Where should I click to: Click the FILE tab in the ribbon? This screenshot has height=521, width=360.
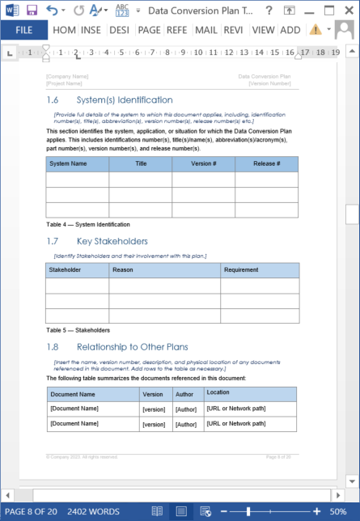coord(23,30)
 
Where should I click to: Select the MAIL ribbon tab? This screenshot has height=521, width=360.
coord(205,30)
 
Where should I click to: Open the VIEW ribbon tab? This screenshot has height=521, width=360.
coord(263,30)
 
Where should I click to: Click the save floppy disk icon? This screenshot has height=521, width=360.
coord(32,10)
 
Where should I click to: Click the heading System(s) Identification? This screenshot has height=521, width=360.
coord(124,100)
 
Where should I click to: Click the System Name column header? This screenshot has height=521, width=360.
coord(69,163)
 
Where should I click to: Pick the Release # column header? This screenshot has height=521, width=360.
coord(266,163)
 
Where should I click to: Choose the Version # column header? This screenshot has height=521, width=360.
coord(203,163)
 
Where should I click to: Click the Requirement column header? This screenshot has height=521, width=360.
coord(241,269)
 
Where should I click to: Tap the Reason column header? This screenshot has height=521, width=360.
coord(123,269)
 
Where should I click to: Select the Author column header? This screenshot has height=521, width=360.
coord(185,394)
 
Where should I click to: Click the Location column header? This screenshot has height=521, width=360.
coord(218,392)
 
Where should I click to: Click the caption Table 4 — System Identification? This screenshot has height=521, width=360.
coord(88,224)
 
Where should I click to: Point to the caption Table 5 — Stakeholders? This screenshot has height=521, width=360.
coord(78,330)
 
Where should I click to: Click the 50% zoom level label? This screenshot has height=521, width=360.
coord(338,511)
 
